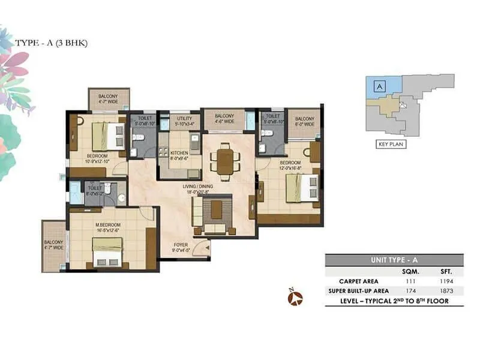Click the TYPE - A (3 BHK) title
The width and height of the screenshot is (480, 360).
point(52,43)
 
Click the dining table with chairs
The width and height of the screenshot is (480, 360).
point(224,160)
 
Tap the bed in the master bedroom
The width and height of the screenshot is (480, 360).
point(107,252)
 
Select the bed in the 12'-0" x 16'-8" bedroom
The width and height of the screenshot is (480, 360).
point(298,188)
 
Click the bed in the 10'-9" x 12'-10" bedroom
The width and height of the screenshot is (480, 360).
point(107,136)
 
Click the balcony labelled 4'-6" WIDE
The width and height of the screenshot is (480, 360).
point(224,119)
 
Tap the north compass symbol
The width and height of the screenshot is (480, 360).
point(295,297)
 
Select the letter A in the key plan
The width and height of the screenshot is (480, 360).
point(378,86)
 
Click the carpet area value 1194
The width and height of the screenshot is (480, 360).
point(443,281)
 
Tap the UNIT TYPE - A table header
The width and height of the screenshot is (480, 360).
point(394,260)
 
